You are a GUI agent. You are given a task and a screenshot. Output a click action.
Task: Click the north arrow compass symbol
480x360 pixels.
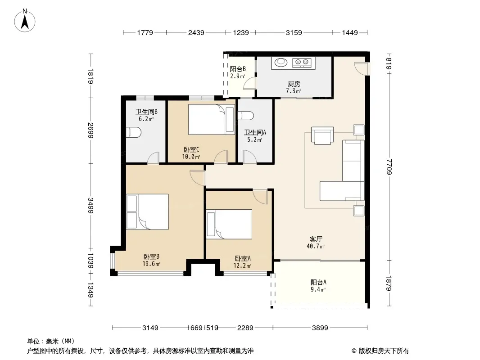click(25, 21)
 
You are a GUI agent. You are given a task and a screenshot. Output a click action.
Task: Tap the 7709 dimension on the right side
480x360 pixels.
click(389, 166)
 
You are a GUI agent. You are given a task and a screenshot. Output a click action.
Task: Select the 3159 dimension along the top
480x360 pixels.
click(294, 32)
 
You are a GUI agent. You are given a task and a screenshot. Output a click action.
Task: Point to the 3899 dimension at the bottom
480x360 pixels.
click(320, 328)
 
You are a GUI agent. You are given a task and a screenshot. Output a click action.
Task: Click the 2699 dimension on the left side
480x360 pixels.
click(91, 130)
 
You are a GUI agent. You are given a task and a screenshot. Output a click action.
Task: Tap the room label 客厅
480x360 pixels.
click(316, 239)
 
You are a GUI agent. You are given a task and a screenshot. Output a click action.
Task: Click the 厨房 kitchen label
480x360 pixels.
click(294, 84)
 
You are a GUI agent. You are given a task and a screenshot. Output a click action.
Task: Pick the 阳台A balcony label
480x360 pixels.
click(318, 282)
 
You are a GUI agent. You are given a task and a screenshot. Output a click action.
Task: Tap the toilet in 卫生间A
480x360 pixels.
click(246, 116)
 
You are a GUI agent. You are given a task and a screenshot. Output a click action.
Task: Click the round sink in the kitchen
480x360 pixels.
click(281, 63)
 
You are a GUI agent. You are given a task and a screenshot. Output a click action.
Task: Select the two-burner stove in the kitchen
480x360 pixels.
click(302, 63)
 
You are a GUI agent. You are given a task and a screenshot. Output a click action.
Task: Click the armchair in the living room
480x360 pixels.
click(322, 135)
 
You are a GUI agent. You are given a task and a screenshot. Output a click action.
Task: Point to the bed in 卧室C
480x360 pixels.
click(212, 120)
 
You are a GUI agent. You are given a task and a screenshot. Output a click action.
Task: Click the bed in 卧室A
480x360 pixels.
click(229, 224)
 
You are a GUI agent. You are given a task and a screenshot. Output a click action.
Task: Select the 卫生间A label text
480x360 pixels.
click(255, 132)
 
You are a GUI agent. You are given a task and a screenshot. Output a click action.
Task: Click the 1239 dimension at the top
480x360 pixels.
click(241, 32)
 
